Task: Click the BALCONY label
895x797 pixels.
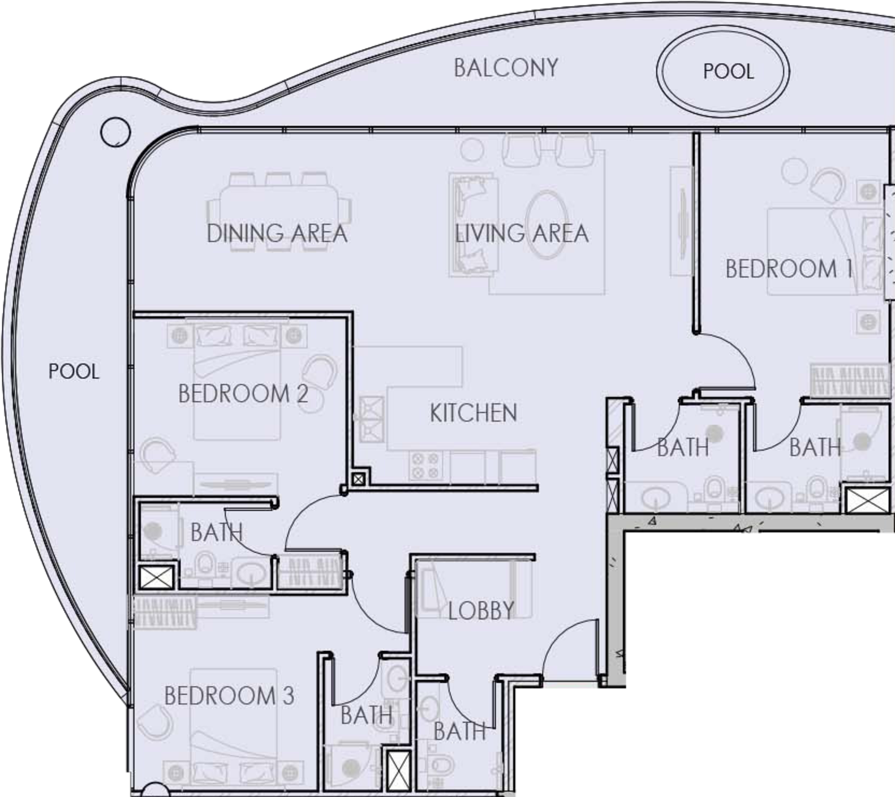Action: click(x=506, y=69)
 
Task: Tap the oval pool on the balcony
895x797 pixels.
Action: click(x=723, y=71)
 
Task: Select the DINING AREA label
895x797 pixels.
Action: click(x=277, y=233)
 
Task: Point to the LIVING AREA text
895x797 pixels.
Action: click(x=522, y=233)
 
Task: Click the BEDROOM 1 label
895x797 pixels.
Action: click(x=789, y=269)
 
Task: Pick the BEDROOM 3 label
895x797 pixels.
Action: click(x=229, y=696)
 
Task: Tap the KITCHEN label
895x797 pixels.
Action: click(x=473, y=413)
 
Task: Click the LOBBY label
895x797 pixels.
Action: click(x=481, y=611)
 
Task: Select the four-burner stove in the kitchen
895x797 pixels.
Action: click(x=426, y=466)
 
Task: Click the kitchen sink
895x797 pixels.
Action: click(x=371, y=419)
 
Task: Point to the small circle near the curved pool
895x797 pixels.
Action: click(x=115, y=131)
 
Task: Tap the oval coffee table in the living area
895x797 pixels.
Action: click(x=547, y=224)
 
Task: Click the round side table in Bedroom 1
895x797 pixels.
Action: click(x=796, y=172)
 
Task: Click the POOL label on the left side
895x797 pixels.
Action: click(x=74, y=371)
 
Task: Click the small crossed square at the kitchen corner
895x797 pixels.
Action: click(x=358, y=479)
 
